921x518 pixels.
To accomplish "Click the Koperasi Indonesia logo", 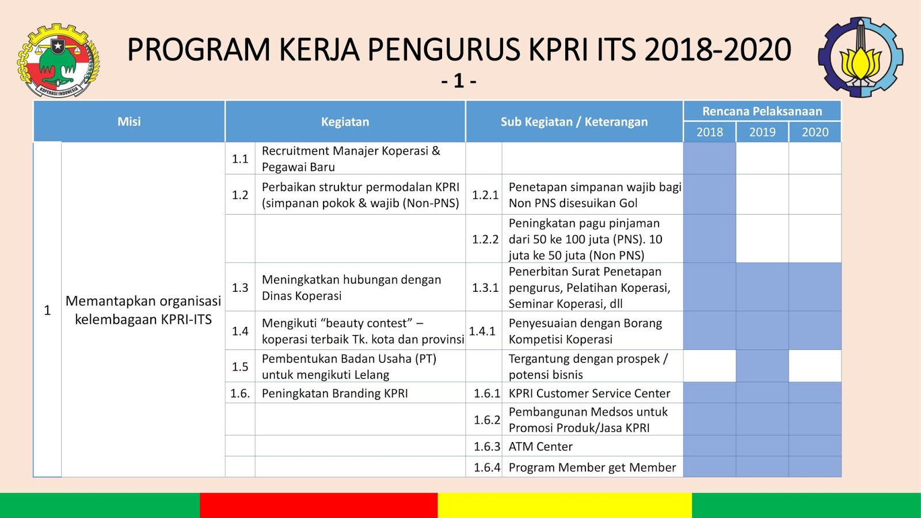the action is [x=58, y=60].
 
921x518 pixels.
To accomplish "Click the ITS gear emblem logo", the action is [x=861, y=57].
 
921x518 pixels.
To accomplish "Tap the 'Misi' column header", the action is [x=129, y=121].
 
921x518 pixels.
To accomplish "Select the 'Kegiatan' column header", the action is [x=345, y=121].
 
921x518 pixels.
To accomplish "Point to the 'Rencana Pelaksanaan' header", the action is [x=762, y=111].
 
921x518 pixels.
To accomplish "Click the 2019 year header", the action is [x=762, y=132].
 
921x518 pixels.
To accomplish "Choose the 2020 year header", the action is [x=815, y=132].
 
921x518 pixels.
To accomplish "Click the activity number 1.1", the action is [x=240, y=159].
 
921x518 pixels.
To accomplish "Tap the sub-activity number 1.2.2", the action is [x=485, y=239].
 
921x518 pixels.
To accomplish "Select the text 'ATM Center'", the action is [x=541, y=447].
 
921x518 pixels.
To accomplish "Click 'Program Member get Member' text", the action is [x=592, y=467].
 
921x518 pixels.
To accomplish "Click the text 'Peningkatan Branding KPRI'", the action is [x=334, y=394].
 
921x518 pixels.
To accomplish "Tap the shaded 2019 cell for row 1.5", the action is [x=762, y=366].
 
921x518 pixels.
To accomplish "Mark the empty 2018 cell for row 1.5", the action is [x=710, y=366].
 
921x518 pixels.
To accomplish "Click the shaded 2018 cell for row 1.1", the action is [x=710, y=158].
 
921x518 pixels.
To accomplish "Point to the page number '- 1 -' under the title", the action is [x=459, y=81].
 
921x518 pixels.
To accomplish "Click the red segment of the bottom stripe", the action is [x=319, y=505].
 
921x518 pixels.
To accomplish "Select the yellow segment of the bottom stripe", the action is [x=565, y=505].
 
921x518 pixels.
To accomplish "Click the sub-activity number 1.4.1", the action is [x=482, y=331].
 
